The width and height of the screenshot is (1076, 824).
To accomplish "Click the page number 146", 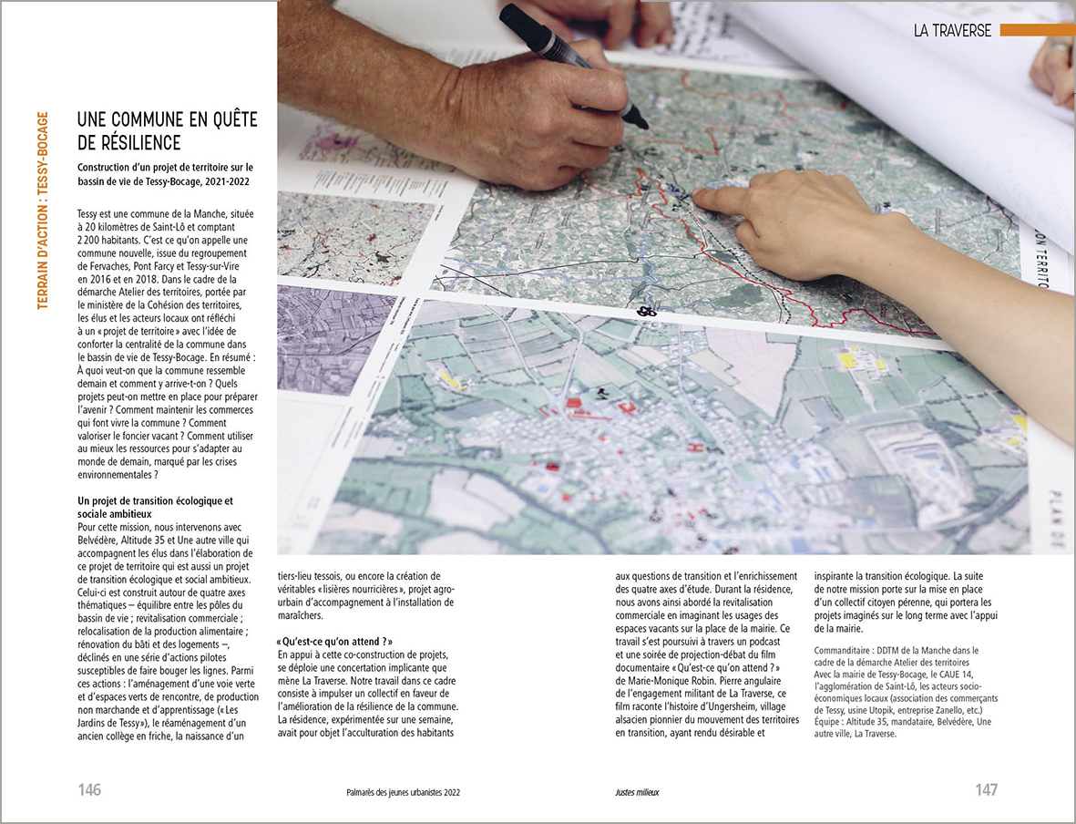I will coord(89,790).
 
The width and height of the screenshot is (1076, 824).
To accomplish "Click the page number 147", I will coord(987,790).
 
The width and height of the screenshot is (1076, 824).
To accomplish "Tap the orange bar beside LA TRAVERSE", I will coord(1036,30).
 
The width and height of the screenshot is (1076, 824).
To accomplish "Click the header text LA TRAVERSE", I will coord(952,30).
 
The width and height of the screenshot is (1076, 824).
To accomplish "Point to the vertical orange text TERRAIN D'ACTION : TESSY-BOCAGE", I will coord(43,211).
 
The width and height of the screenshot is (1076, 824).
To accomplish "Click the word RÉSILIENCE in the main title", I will coord(129,142).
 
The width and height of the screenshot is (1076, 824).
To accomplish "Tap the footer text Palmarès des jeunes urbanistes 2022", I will coord(396,792).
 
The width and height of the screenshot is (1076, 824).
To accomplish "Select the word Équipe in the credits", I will coord(832,722).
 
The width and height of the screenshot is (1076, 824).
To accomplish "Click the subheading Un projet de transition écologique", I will coord(155,500).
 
